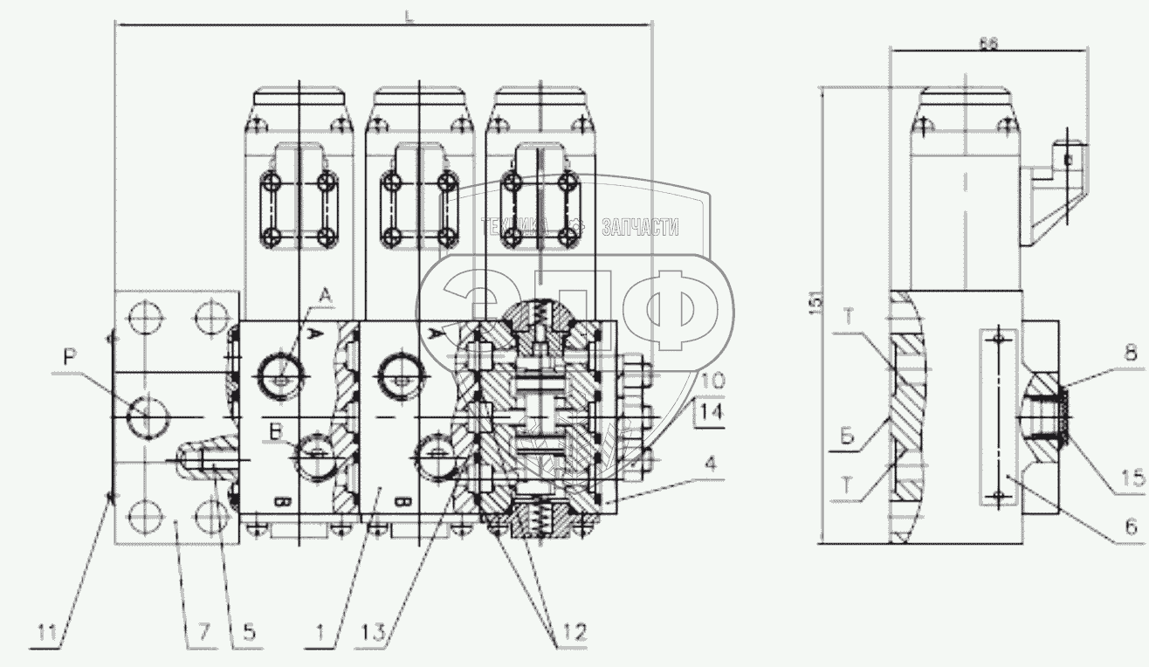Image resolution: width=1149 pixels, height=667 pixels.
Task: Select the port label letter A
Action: click(x=325, y=298)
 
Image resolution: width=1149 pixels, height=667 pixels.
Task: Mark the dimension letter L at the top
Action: click(x=409, y=15)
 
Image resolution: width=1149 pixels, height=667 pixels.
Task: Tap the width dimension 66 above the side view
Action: click(x=987, y=43)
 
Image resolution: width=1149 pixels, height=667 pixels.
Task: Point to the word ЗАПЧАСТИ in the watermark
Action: click(x=640, y=227)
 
